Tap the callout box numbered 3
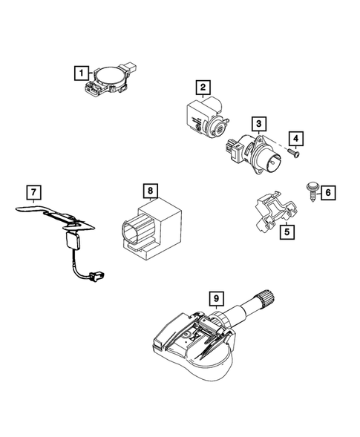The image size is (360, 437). [x=258, y=123]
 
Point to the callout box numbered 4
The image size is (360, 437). [x=296, y=139]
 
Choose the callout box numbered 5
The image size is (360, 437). [x=286, y=232]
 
